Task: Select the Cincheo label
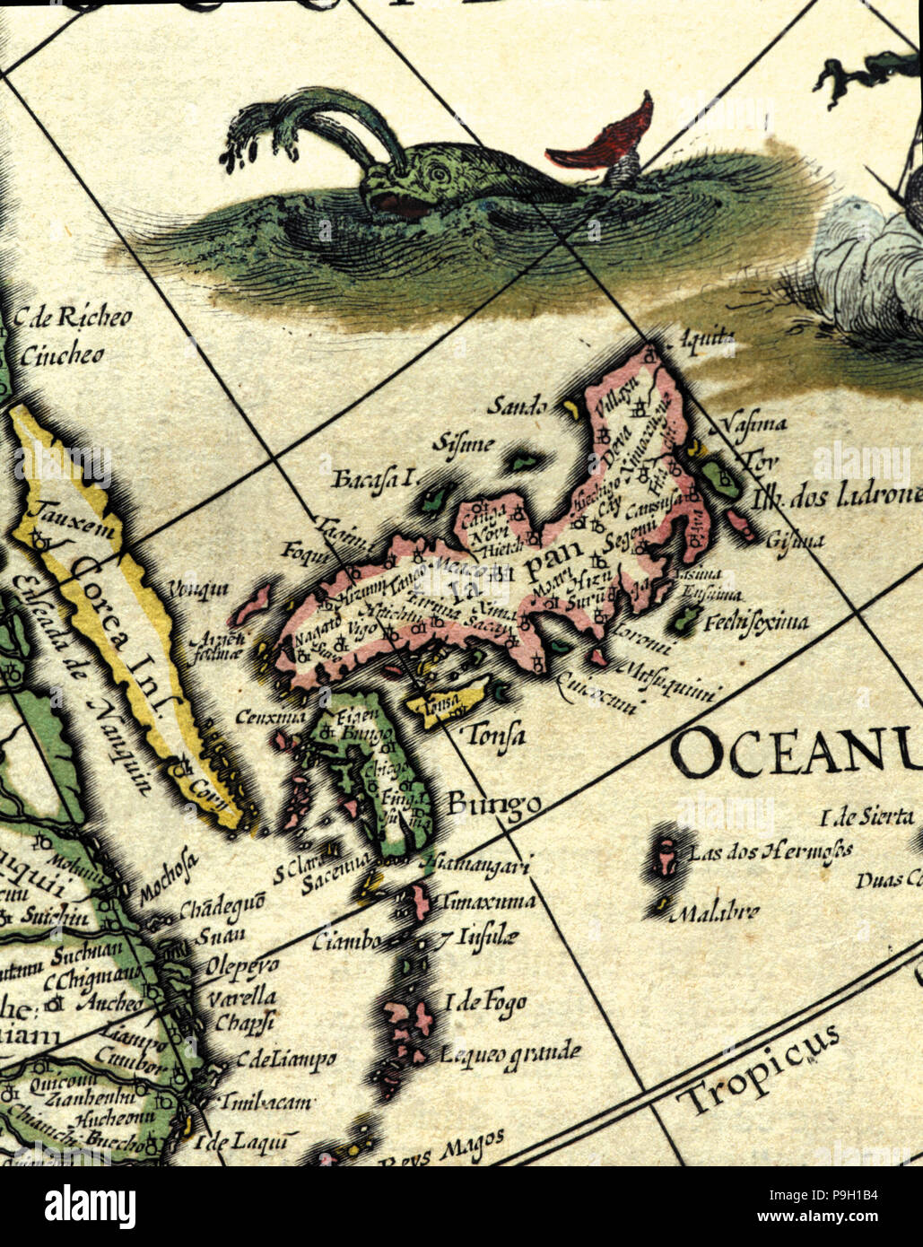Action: pos(62,355)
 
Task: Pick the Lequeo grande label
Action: pos(509,1053)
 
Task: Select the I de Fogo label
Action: pos(485,1003)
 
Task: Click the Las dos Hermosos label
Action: pos(769,850)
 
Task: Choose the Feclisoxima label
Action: pos(756,621)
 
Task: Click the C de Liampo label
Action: pos(286,1060)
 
